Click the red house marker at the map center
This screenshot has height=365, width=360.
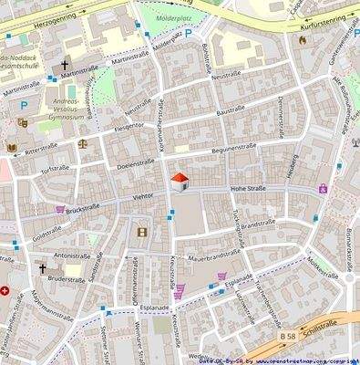coord(180,181)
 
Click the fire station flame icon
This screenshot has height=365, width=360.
coord(302,40)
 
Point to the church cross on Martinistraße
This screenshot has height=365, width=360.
coord(66,66)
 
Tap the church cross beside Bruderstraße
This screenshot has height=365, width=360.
coord(42,269)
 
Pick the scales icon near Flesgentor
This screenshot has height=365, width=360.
coord(84,142)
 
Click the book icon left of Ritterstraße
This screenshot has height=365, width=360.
coord(12,147)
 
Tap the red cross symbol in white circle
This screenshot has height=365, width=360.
coord(6,291)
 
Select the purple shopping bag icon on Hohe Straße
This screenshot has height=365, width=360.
coord(323,188)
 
